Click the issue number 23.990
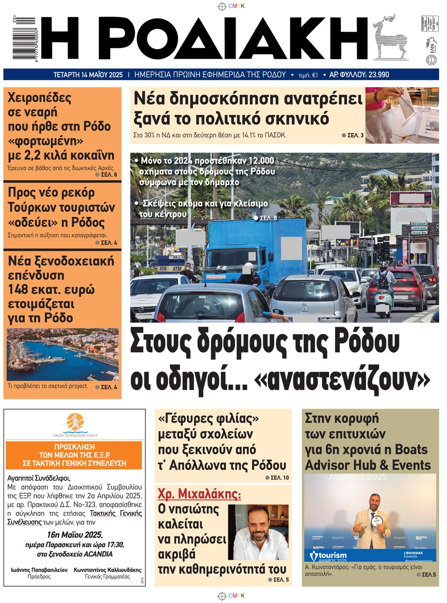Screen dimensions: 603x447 378,74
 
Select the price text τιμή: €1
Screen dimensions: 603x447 308,75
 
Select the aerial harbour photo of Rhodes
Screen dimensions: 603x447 62,355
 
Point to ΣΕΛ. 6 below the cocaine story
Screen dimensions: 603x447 108,175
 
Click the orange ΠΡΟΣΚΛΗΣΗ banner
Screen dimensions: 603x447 74,455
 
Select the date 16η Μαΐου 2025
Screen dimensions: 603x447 74,535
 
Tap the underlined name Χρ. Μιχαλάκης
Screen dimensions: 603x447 199,494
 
